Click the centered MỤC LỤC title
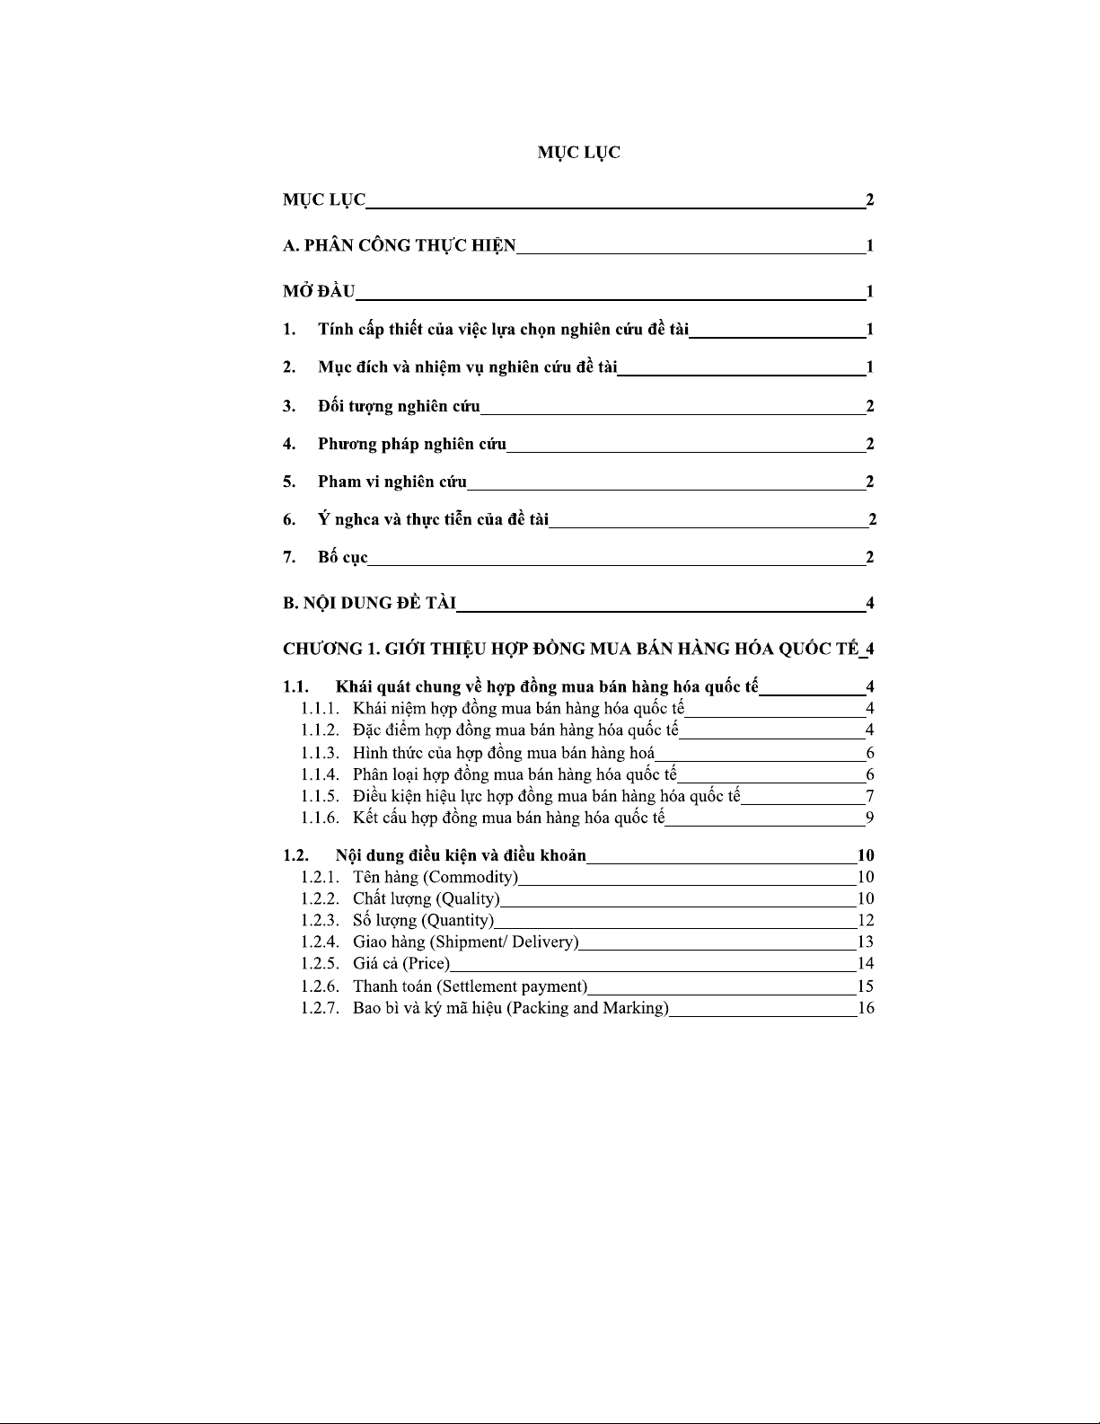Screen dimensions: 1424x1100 click(578, 153)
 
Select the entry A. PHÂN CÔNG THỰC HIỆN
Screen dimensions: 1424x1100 click(400, 245)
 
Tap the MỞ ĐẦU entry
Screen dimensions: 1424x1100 click(319, 291)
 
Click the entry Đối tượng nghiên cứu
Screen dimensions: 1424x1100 click(399, 406)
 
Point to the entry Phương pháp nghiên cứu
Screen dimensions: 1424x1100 click(411, 444)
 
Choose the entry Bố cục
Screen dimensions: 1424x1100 click(342, 558)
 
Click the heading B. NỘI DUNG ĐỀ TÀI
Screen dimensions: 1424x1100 click(369, 603)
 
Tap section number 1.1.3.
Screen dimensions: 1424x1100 click(320, 753)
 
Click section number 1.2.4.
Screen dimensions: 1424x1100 click(320, 942)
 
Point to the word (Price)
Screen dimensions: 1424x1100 click(426, 964)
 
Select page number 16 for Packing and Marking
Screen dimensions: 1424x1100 click(866, 1008)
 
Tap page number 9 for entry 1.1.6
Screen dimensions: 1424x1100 click(869, 818)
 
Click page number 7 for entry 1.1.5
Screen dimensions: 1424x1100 click(869, 796)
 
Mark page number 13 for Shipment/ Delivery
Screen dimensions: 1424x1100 click(866, 942)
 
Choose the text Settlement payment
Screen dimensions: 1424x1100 click(512, 986)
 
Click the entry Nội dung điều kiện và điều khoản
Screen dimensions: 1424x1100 click(461, 855)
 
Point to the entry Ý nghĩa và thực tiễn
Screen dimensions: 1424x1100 click(433, 519)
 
